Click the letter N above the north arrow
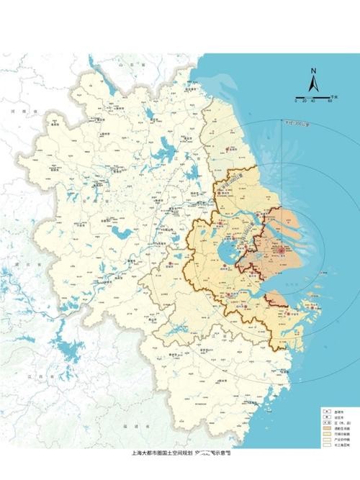click(313, 71)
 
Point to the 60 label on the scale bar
click(330, 101)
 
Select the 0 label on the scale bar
click(296, 101)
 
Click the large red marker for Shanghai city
click(274, 247)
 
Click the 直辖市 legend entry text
click(338, 410)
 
